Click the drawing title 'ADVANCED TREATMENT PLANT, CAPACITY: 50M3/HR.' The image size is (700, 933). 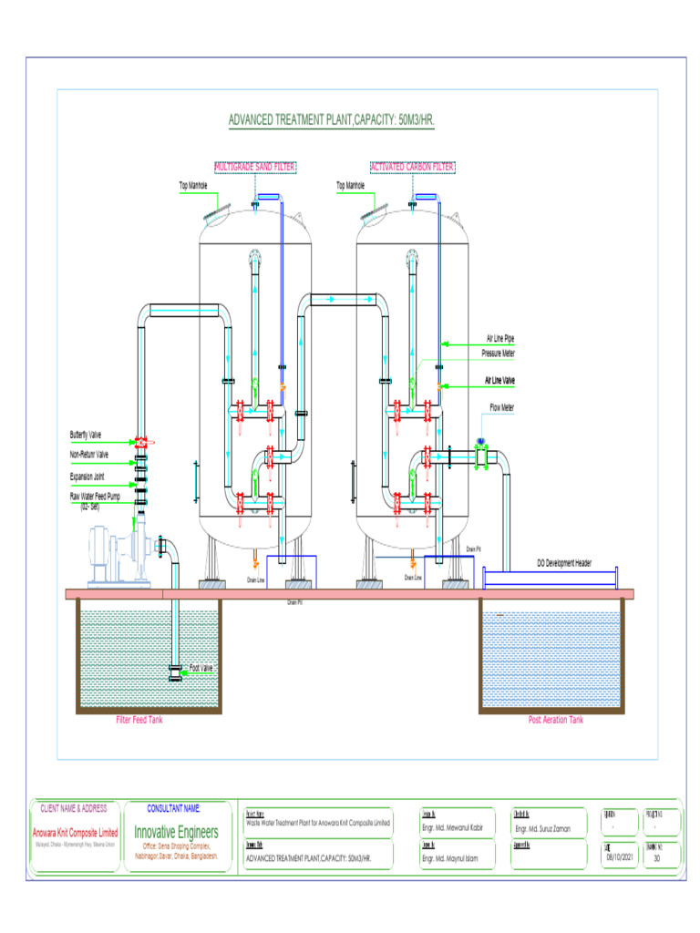pos(331,120)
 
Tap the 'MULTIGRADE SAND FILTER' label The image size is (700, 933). pos(255,167)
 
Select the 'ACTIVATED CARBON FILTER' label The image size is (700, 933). pos(412,167)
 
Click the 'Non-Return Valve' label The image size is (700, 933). pos(89,454)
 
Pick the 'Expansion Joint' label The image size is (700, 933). pos(88,476)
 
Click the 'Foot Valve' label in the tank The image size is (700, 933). pos(201,668)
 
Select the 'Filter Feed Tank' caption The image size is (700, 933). pos(139,720)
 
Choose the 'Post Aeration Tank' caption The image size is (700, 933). pos(555,720)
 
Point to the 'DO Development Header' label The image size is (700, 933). pos(563,563)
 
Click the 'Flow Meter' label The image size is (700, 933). pos(501,407)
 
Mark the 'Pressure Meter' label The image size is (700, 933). pos(499,353)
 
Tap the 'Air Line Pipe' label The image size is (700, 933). pos(499,339)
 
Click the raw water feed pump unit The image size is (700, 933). pos(118,556)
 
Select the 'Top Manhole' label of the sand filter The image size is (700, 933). pos(193,186)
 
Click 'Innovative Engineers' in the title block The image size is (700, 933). pos(176,832)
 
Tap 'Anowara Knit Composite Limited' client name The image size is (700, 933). pos(75,833)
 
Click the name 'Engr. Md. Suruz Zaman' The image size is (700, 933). pos(543,829)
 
